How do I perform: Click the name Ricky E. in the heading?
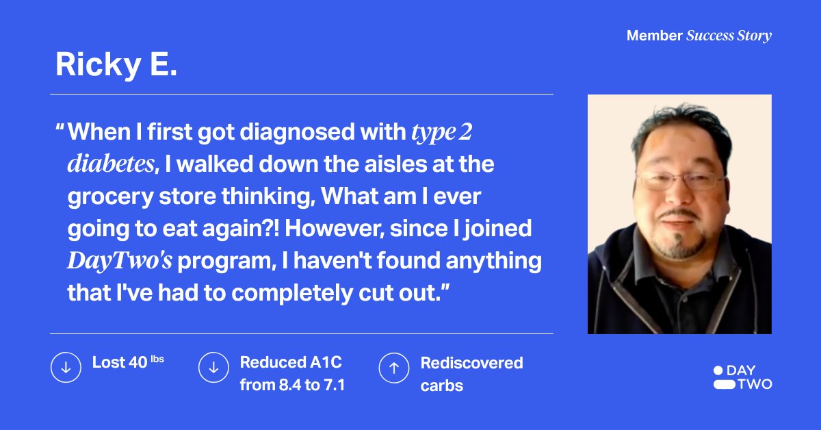pos(116,64)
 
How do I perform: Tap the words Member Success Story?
pos(699,36)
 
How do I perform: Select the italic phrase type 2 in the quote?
pos(441,132)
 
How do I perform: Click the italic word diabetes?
pos(110,164)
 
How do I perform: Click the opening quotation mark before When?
pos(60,128)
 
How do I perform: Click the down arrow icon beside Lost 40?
pos(66,368)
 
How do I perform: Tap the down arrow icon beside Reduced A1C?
pos(213,368)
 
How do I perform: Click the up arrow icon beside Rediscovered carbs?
pos(394,368)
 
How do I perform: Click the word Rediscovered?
pos(471,362)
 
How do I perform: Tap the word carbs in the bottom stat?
pos(441,385)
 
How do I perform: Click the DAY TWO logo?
pos(742,377)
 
